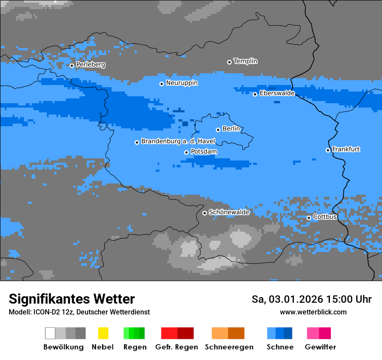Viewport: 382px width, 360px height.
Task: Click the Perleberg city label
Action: (90, 65)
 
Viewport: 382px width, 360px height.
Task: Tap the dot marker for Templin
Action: (229, 62)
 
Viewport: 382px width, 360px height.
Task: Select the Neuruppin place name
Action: (181, 83)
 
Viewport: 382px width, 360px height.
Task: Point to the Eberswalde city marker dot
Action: (255, 94)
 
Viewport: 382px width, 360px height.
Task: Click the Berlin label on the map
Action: (231, 129)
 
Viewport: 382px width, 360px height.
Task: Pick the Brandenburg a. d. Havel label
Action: (178, 141)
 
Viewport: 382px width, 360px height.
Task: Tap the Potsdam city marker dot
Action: (186, 152)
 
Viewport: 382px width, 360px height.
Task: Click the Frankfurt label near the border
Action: (346, 149)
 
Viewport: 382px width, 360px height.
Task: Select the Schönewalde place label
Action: (229, 212)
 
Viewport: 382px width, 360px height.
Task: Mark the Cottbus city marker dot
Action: (309, 218)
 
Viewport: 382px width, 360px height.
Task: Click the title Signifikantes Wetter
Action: (72, 299)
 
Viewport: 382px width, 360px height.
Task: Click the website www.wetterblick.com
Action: (313, 312)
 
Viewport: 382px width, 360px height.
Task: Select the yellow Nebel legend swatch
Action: (103, 333)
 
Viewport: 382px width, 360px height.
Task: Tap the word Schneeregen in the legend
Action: (229, 347)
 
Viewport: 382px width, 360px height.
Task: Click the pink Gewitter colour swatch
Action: (313, 333)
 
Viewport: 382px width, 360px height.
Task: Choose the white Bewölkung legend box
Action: (50, 333)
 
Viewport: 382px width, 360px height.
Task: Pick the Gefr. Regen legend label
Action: (176, 347)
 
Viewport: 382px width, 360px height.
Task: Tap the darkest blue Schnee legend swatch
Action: (288, 333)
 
